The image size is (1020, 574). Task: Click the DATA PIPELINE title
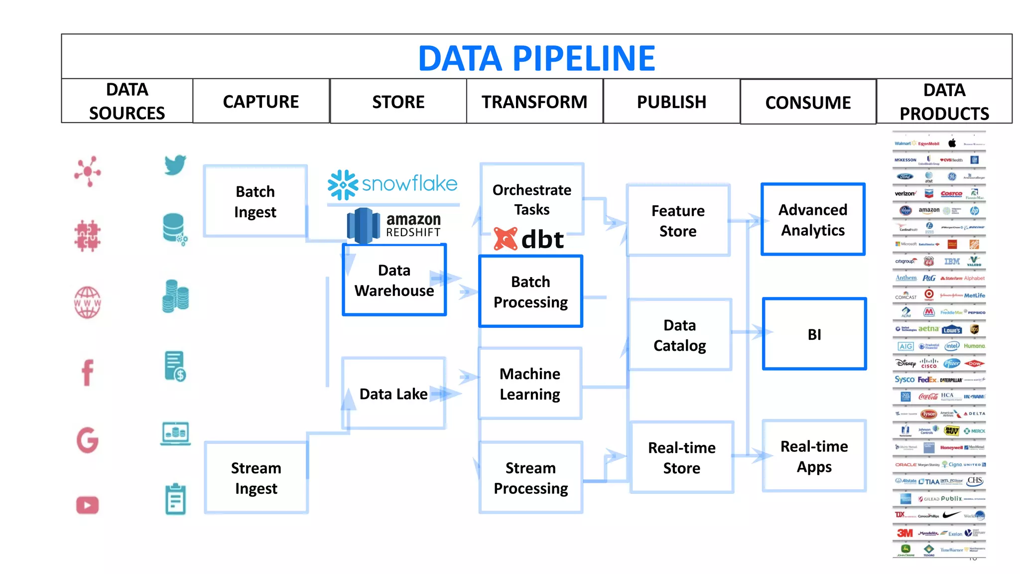(536, 58)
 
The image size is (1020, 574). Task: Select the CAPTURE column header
(261, 102)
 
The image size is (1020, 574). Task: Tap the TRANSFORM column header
(534, 102)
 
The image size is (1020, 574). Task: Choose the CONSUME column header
(808, 103)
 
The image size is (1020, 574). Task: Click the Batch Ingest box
(255, 201)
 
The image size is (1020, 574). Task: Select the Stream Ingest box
(256, 478)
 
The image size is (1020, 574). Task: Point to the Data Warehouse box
(394, 280)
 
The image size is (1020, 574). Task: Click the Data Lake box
(393, 394)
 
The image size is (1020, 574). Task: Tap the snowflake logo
(392, 184)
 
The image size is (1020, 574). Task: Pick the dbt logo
(529, 239)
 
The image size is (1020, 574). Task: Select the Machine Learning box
(530, 384)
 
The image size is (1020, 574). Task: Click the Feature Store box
(678, 221)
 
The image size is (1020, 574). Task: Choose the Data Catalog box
(679, 335)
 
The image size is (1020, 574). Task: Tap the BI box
(814, 334)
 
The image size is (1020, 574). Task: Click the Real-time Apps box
(814, 456)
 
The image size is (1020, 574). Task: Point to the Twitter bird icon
(175, 165)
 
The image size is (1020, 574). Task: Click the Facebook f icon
(88, 372)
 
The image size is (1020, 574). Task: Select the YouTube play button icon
(88, 505)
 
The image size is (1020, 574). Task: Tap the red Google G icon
(88, 440)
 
